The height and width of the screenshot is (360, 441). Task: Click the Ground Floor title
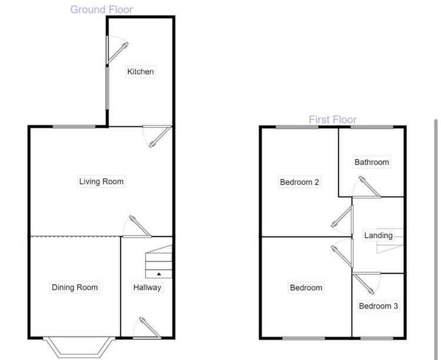pyautogui.click(x=102, y=9)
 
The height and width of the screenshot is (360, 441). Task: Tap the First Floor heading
pyautogui.click(x=333, y=119)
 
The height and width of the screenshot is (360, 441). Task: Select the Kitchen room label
pyautogui.click(x=141, y=72)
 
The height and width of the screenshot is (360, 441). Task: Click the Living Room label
pyautogui.click(x=101, y=182)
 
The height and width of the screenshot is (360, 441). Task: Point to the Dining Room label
pyautogui.click(x=75, y=288)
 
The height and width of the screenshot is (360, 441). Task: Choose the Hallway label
pyautogui.click(x=147, y=288)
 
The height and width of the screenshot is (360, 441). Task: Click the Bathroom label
pyautogui.click(x=372, y=162)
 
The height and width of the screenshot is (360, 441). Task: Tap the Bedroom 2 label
pyautogui.click(x=299, y=182)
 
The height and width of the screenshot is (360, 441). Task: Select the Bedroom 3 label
pyautogui.click(x=379, y=306)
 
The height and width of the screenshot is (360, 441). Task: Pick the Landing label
pyautogui.click(x=378, y=235)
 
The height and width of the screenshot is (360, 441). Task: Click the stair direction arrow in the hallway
pyautogui.click(x=159, y=274)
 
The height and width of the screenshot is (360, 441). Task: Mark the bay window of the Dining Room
pyautogui.click(x=79, y=347)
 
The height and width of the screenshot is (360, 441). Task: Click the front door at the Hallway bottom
pyautogui.click(x=147, y=328)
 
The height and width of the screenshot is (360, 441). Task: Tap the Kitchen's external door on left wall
pyautogui.click(x=117, y=50)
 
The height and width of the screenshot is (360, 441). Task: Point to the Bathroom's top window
pyautogui.click(x=372, y=127)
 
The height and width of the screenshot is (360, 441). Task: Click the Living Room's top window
pyautogui.click(x=74, y=126)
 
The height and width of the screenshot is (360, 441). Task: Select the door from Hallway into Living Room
pyautogui.click(x=137, y=226)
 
